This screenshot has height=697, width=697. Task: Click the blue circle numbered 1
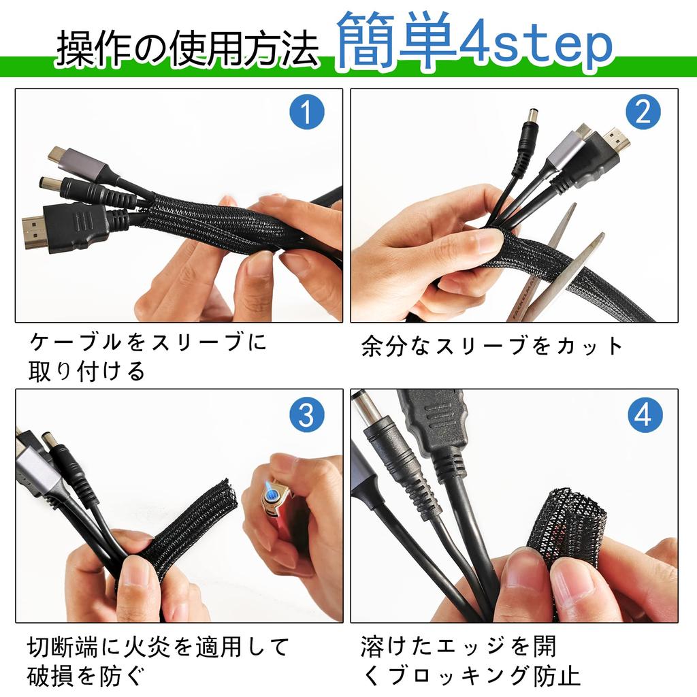(x=306, y=112)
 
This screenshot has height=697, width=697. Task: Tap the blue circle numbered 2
(x=643, y=112)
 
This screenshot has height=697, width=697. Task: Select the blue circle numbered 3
(x=306, y=414)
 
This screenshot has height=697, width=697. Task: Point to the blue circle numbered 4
(x=644, y=414)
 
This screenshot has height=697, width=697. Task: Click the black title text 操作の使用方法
(x=187, y=49)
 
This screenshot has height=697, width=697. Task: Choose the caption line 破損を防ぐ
(x=86, y=676)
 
